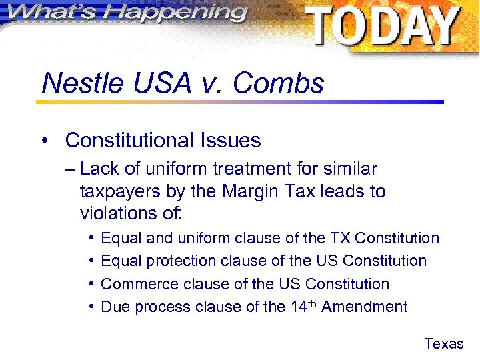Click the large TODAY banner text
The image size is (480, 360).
point(383,27)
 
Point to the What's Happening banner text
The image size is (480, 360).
point(125,13)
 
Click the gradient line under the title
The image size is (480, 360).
point(240,102)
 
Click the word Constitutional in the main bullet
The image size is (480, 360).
point(128,141)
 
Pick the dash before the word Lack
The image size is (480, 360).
point(71,169)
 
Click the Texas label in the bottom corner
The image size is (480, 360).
point(443,344)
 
